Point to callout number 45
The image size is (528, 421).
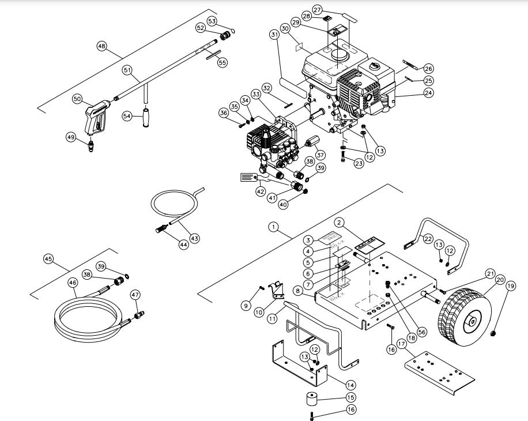tap(48, 259)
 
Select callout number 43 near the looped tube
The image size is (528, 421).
tap(195, 238)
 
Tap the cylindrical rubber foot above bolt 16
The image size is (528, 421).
tap(314, 399)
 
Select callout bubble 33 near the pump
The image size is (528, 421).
tap(255, 94)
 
